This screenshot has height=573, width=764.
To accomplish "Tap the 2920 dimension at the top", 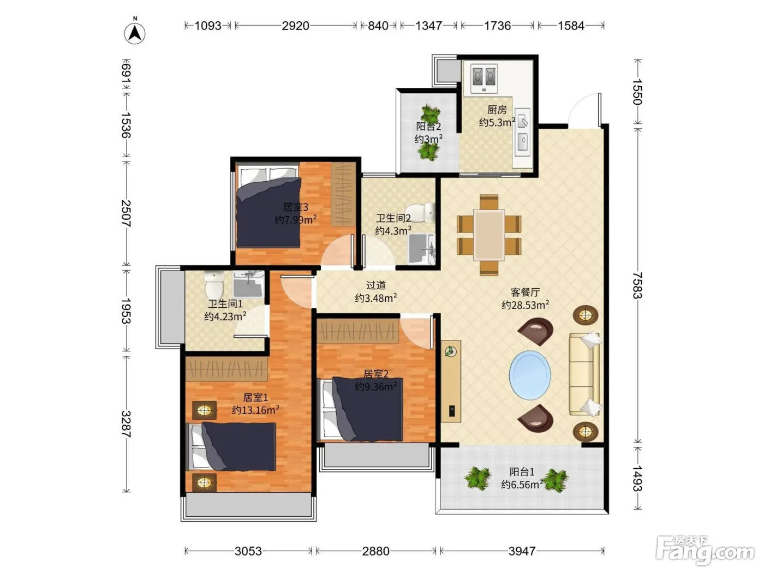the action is (295, 26).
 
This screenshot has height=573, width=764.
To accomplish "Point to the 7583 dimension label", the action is (637, 285).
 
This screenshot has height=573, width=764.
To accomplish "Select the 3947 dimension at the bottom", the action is (522, 551).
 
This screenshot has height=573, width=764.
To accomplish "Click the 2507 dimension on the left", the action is (126, 213).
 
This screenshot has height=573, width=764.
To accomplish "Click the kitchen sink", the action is (522, 132).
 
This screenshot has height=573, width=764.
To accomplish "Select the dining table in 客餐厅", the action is (488, 235).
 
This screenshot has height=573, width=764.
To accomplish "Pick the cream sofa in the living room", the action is (585, 374).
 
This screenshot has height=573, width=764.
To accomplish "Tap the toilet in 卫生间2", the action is (420, 213).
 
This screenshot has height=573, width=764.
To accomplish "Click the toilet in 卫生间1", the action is (214, 284).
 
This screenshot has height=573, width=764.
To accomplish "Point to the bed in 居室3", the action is (268, 207).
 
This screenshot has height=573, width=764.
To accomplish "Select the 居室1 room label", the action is (255, 397).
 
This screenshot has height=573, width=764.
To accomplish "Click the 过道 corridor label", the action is (376, 285).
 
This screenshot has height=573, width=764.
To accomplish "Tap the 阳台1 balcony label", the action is (522, 471).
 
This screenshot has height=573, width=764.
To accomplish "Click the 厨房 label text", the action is (497, 110).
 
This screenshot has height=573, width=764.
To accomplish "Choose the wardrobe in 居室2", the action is (357, 331).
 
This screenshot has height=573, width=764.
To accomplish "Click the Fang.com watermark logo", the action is (705, 551).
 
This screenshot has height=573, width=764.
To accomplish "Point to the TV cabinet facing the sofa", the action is (451, 381).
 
